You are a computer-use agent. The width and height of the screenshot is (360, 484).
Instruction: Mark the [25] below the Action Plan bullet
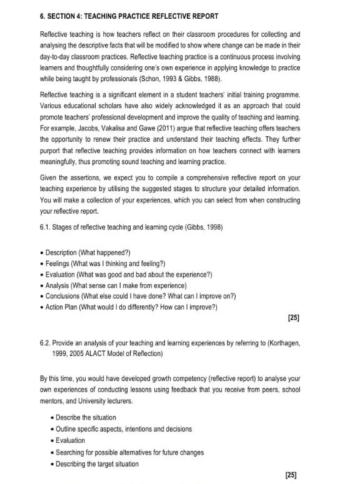(x=294, y=318)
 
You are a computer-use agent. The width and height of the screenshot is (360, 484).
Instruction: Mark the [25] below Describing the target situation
(x=291, y=475)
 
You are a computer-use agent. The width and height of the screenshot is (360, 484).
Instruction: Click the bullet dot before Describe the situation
(x=51, y=418)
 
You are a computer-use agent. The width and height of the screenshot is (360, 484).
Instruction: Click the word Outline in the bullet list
(x=66, y=429)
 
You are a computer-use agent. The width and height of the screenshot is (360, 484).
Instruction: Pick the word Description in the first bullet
(x=61, y=252)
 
